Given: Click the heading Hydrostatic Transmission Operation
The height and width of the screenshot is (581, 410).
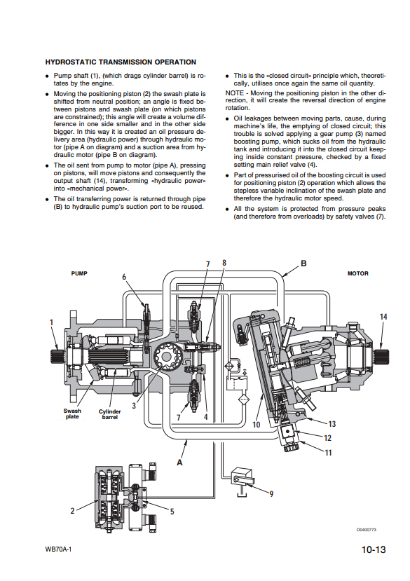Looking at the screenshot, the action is [121, 62].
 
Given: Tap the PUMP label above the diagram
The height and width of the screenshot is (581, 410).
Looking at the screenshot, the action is [79, 273].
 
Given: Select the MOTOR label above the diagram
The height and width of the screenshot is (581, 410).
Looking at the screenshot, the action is [357, 273].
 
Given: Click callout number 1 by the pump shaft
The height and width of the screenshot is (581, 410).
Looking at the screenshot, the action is [52, 322].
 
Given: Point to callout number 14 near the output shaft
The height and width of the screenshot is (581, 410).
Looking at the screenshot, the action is [383, 317].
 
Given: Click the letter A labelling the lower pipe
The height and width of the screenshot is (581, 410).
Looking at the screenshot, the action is [179, 463].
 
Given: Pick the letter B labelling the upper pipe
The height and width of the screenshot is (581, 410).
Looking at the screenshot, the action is [303, 264].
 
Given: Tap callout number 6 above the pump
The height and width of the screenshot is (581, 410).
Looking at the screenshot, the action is [124, 277].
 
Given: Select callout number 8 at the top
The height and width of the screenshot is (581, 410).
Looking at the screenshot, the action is [224, 263].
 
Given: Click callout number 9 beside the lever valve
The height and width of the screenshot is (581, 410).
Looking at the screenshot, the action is [271, 494].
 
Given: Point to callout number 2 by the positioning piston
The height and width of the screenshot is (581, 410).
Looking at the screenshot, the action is [73, 511].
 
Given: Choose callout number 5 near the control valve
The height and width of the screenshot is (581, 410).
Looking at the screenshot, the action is [172, 512].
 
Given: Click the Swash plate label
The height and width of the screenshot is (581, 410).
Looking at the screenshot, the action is [72, 413].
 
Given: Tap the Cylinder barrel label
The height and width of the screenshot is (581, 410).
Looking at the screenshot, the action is [110, 414].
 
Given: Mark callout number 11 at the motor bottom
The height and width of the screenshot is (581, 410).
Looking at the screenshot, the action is [329, 453].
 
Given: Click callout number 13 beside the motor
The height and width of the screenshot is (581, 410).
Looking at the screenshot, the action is [332, 424].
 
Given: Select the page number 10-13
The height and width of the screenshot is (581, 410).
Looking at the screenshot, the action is [374, 549].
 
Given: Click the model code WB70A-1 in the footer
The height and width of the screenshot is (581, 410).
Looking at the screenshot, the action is [58, 549].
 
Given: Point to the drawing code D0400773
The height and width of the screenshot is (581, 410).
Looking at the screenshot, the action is [367, 530].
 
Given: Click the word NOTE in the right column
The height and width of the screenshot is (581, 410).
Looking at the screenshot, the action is [235, 93].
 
